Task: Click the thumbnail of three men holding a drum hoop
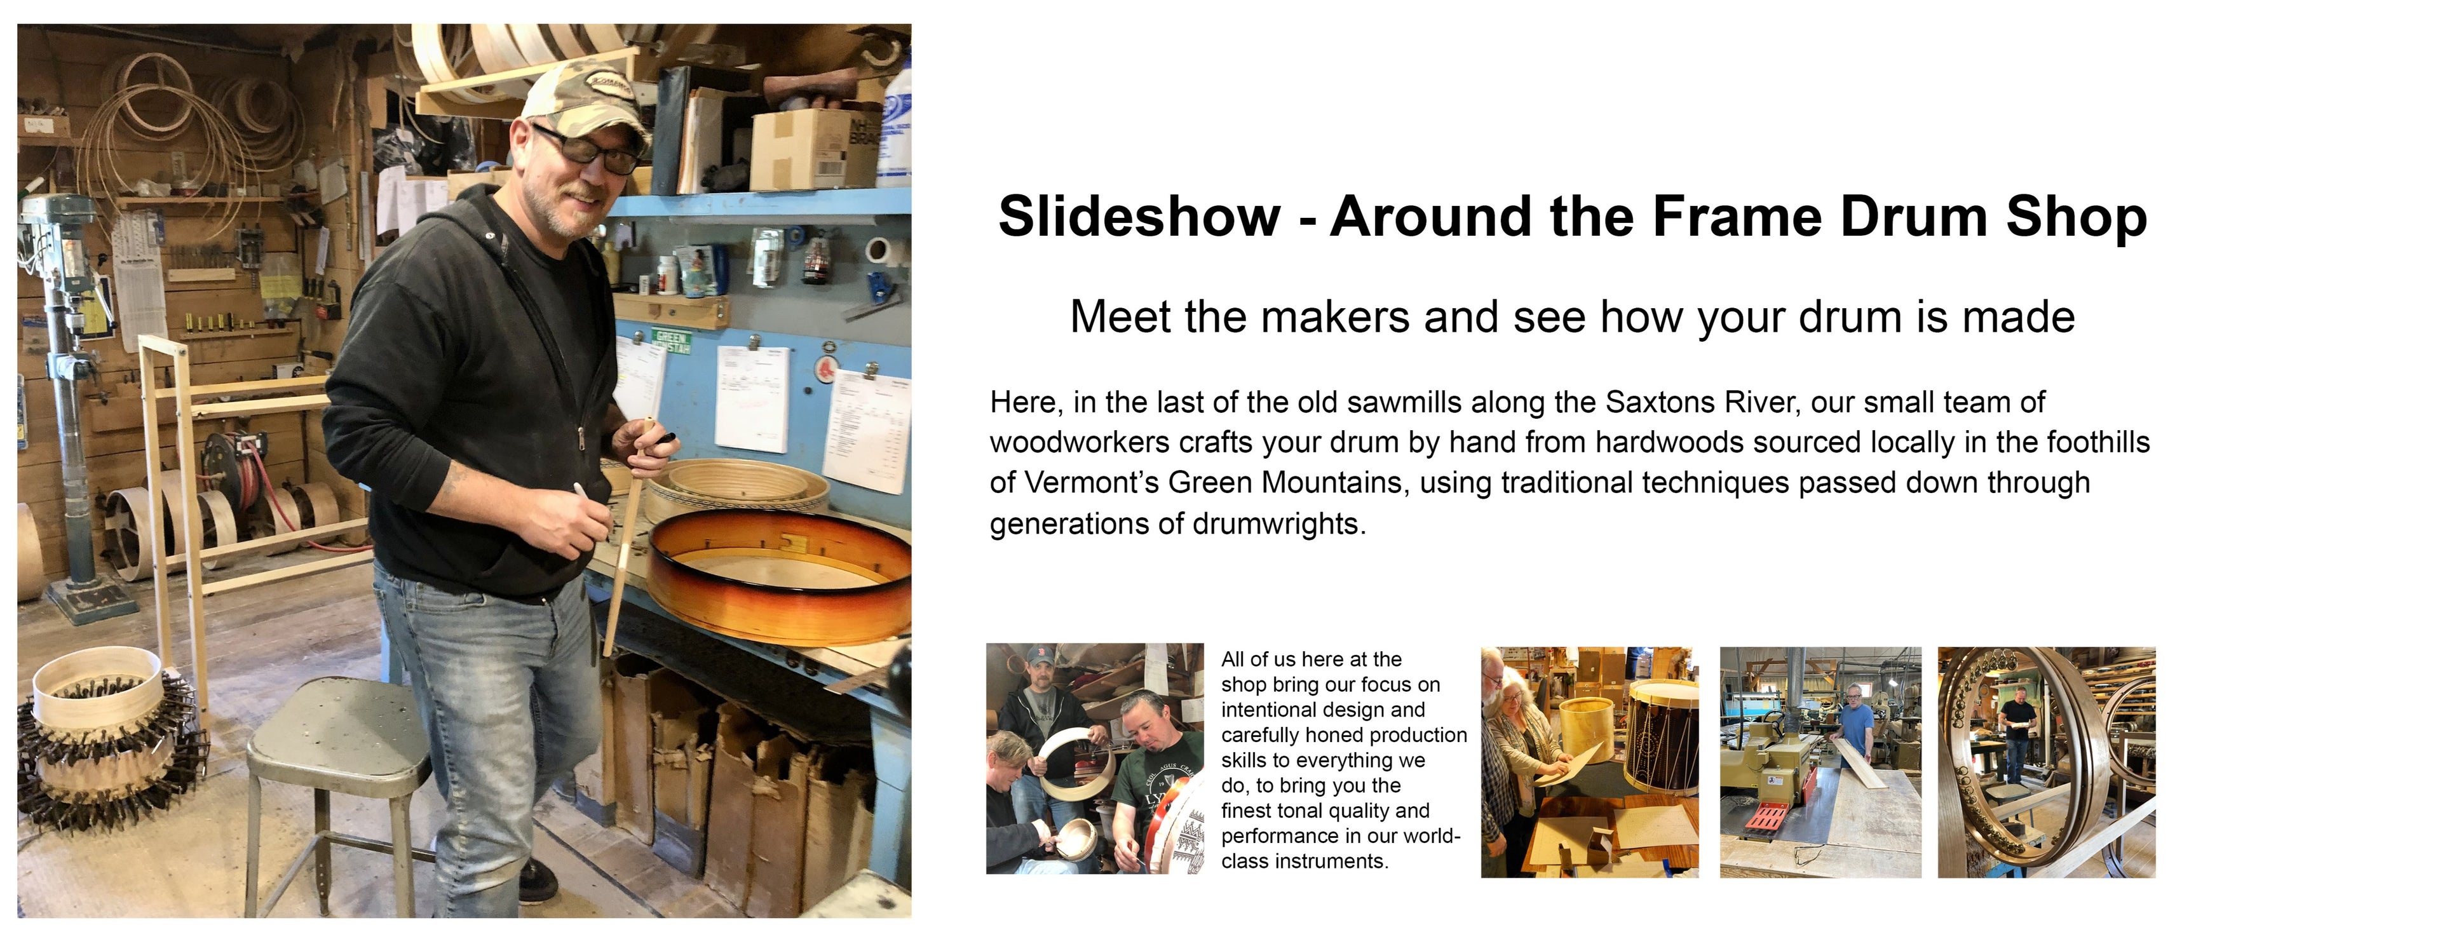(x=1095, y=759)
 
